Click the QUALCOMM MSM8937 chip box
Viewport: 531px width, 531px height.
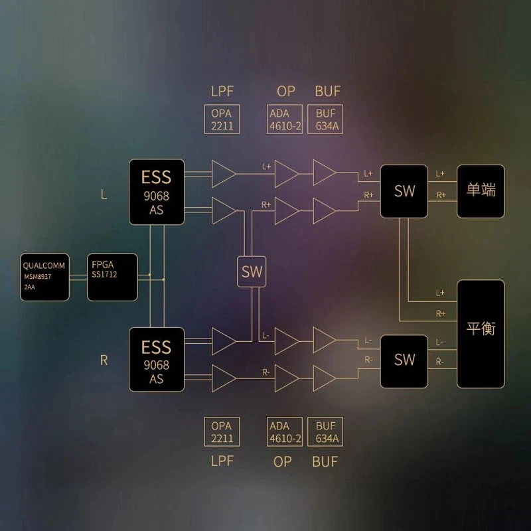click(44, 277)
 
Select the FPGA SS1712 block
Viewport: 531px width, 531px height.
click(112, 277)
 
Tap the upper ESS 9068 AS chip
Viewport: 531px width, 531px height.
click(156, 191)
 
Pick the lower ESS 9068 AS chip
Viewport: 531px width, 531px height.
click(156, 359)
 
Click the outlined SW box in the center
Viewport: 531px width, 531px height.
click(252, 271)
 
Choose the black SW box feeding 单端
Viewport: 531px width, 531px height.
click(404, 191)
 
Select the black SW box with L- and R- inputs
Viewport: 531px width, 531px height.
click(404, 360)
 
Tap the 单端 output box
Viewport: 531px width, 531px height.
click(481, 191)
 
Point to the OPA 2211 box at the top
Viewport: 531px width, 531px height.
click(221, 119)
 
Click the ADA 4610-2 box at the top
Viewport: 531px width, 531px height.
click(285, 119)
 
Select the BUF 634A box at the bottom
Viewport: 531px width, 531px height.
click(326, 432)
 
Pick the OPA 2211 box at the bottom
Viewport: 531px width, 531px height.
click(221, 432)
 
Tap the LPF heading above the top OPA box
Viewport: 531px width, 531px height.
click(221, 91)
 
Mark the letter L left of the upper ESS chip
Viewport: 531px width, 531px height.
click(104, 194)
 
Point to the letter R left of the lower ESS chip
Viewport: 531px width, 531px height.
click(104, 360)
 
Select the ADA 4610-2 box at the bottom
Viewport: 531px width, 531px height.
click(285, 432)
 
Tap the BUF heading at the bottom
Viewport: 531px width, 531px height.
click(325, 461)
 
